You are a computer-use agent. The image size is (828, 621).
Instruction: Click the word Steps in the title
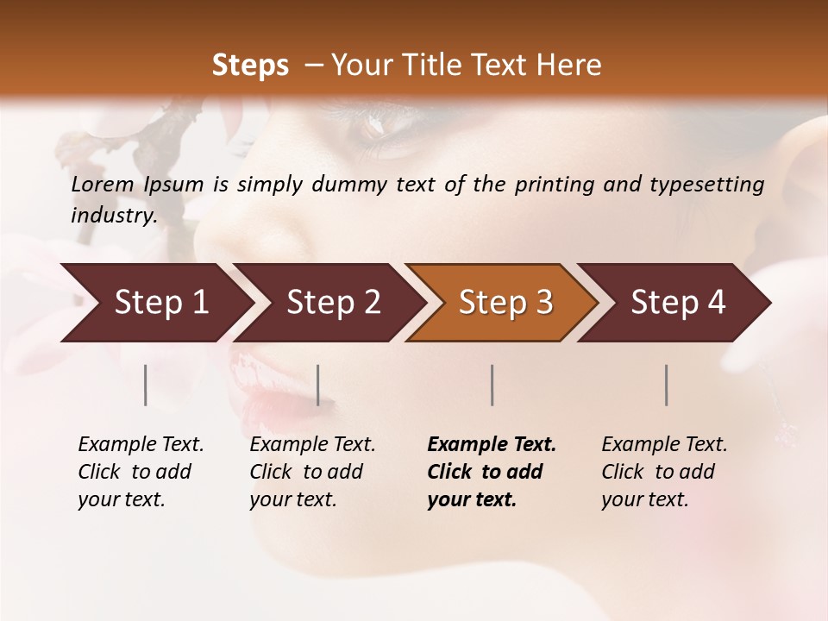click(x=250, y=66)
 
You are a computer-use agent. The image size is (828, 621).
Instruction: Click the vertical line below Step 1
click(x=146, y=385)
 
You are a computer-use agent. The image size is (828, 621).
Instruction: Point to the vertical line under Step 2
click(x=318, y=385)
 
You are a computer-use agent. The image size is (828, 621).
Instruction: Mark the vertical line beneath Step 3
click(x=492, y=385)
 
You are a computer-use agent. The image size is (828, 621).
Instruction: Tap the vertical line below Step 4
click(x=666, y=385)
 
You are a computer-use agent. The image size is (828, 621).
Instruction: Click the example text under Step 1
click(x=141, y=472)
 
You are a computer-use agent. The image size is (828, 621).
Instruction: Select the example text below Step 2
click(x=312, y=472)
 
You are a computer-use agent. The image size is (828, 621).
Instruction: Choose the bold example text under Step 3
click(x=492, y=472)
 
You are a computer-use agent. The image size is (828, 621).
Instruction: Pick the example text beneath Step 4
click(x=664, y=472)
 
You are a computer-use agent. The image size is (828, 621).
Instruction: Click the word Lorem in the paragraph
click(x=103, y=185)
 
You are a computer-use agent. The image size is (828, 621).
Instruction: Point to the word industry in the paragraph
click(x=113, y=216)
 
